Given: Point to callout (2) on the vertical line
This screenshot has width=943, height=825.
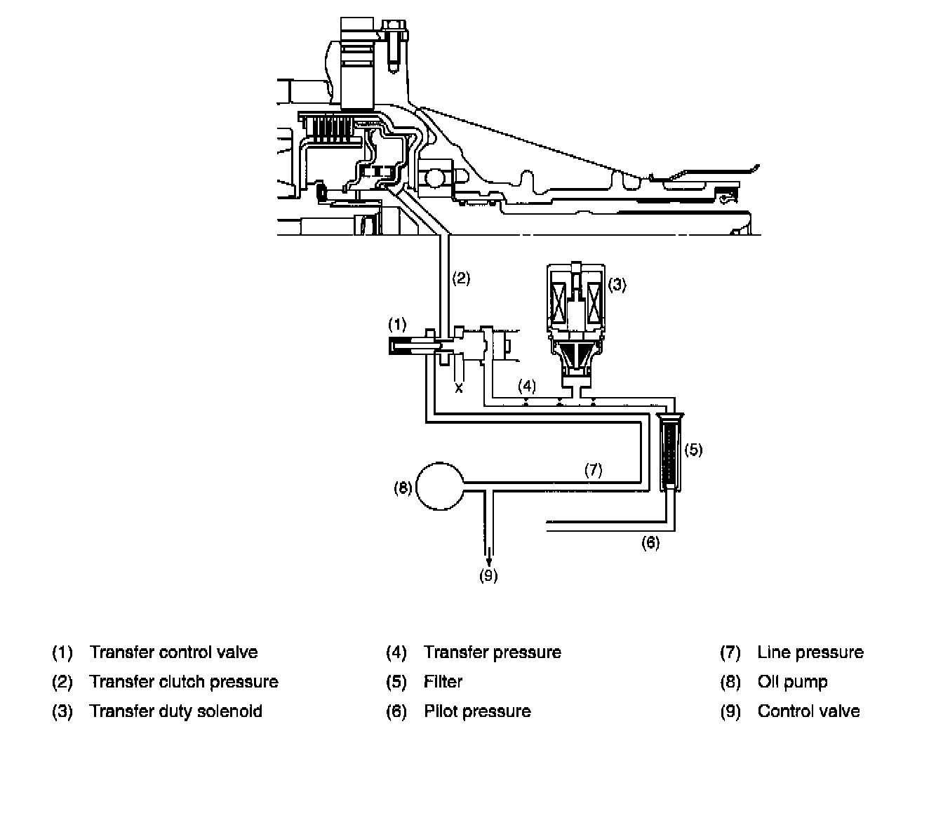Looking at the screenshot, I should [460, 278].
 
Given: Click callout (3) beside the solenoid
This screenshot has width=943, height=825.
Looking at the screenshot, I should [617, 285].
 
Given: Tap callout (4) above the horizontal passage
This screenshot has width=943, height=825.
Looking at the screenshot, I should [527, 385].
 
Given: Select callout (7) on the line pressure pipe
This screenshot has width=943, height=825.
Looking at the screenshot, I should [594, 470].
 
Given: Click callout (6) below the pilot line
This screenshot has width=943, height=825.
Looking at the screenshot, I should [650, 542].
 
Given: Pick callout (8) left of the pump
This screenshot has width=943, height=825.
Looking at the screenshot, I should [403, 488].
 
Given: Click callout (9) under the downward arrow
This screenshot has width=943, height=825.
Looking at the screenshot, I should [488, 576].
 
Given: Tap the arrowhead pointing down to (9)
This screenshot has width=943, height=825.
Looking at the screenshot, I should [489, 561].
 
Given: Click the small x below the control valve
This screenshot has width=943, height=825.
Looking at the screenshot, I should [459, 387].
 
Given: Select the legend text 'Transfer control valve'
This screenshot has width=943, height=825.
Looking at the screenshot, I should [173, 652].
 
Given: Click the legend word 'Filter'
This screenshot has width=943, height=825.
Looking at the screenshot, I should [443, 682].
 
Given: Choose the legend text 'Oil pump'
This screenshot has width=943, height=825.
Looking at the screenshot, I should [792, 682].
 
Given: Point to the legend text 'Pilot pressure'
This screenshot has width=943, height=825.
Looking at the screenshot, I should [477, 711].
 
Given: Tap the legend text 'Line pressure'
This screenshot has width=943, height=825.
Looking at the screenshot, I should [810, 652].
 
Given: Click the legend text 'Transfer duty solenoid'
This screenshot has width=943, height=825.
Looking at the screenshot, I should [175, 711].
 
